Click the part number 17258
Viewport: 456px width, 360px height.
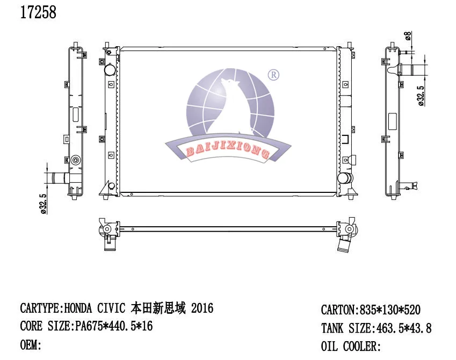38,12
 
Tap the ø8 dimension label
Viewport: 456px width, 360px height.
408,35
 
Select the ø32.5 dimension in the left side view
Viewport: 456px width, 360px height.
44,204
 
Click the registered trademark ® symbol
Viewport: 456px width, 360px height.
273,75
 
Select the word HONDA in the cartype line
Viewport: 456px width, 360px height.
78,308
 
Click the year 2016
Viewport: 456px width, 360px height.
202,308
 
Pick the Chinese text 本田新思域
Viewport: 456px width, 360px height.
158,308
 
